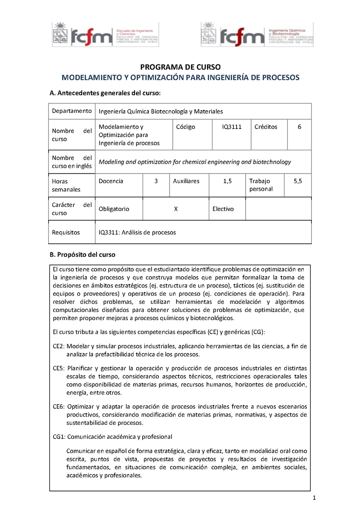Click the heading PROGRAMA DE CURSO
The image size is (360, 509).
pyautogui.click(x=180, y=67)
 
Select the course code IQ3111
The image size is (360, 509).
pyautogui.click(x=232, y=127)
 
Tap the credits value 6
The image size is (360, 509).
pyautogui.click(x=299, y=127)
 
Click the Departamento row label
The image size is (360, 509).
pyautogui.click(x=72, y=111)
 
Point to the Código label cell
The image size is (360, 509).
pyautogui.click(x=185, y=127)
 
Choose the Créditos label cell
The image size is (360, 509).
pyautogui.click(x=265, y=127)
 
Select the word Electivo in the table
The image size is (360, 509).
pyautogui.click(x=223, y=209)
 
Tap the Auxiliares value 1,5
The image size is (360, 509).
pyautogui.click(x=227, y=181)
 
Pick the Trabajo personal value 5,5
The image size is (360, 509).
pyautogui.click(x=298, y=181)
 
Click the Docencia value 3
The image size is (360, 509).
pyautogui.click(x=156, y=181)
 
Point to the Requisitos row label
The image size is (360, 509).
pyautogui.click(x=66, y=232)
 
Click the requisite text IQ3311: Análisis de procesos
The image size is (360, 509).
pyautogui.click(x=137, y=232)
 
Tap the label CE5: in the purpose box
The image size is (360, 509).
pyautogui.click(x=59, y=368)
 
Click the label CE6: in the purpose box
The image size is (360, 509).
pyautogui.click(x=59, y=406)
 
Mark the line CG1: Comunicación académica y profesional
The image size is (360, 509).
pyautogui.click(x=112, y=437)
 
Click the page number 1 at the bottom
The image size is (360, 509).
pyautogui.click(x=315, y=498)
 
